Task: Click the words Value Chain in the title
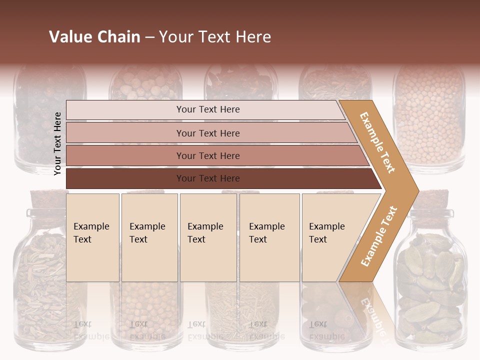point(94,37)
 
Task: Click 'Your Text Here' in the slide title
point(215,37)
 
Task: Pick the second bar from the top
point(207,133)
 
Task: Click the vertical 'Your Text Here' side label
point(57,143)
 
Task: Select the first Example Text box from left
point(92,237)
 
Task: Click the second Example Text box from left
point(149,237)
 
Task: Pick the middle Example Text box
point(208,237)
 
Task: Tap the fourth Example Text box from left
point(269,237)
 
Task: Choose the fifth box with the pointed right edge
point(330,237)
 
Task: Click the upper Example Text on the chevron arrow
point(378,143)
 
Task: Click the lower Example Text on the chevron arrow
point(379,236)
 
